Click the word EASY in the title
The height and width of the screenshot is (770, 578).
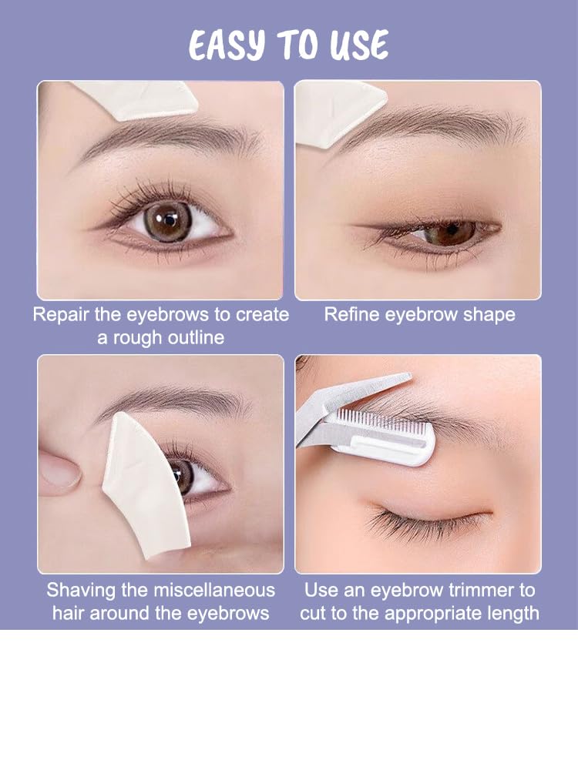tap(227, 45)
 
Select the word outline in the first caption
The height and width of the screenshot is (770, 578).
tap(196, 337)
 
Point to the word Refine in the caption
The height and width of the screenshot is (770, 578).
tap(352, 314)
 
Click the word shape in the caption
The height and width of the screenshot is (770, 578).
tap(489, 315)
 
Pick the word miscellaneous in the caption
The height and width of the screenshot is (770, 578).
tap(214, 590)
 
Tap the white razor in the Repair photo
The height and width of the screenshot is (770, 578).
tap(133, 99)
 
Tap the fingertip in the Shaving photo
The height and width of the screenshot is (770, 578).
tap(59, 474)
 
